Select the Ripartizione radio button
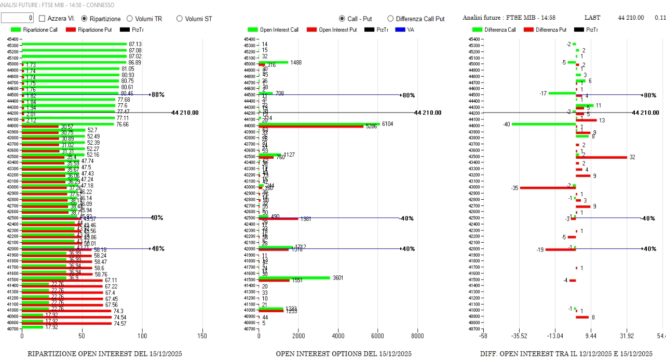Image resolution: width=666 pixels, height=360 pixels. [x=85, y=19]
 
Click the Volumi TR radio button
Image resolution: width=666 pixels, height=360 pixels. [x=130, y=19]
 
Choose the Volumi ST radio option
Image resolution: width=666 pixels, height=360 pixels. [x=180, y=19]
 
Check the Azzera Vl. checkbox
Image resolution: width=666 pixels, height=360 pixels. [x=42, y=19]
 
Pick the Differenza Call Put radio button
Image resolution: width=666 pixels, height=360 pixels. [x=390, y=19]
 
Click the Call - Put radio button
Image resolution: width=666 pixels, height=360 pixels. [x=342, y=19]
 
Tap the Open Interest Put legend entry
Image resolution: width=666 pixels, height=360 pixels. [x=332, y=30]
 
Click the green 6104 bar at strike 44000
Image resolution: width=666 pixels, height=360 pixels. [x=319, y=124]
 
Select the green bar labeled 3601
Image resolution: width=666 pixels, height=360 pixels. [x=294, y=278]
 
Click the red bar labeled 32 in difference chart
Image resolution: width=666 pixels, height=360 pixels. [x=601, y=157]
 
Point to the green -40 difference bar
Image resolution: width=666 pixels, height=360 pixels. [x=543, y=124]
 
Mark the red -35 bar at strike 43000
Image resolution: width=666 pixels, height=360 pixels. [x=548, y=187]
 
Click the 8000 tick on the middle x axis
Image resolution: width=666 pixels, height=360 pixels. [x=417, y=336]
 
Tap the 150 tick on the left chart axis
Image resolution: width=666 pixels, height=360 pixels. [x=202, y=336]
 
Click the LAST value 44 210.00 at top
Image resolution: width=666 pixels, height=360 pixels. [x=631, y=18]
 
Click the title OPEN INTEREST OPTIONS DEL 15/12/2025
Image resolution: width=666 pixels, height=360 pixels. [x=343, y=354]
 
